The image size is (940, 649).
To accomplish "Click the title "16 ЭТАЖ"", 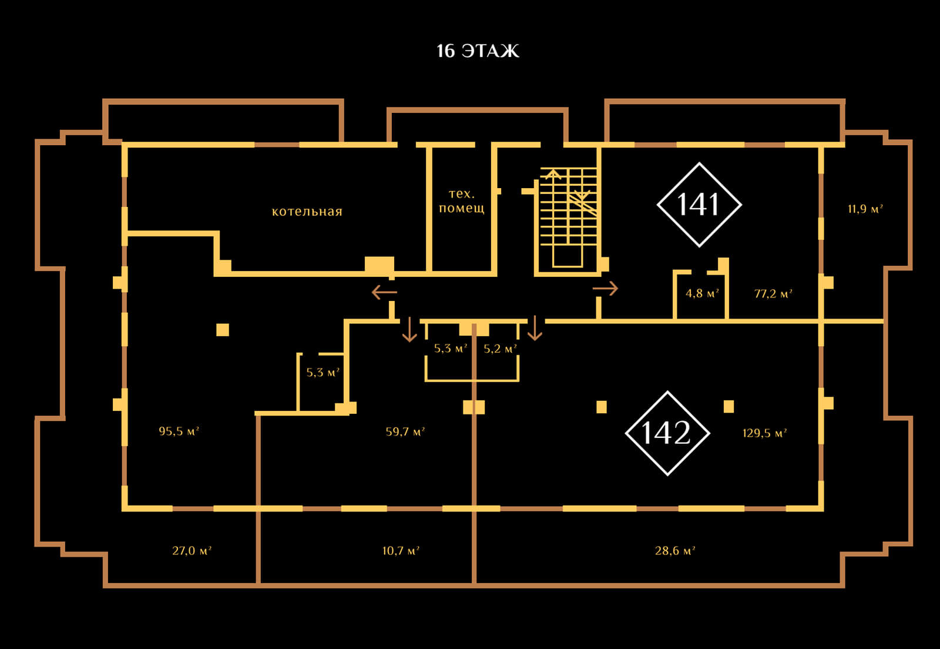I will [x=478, y=51].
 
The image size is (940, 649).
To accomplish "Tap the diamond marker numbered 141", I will [x=699, y=204].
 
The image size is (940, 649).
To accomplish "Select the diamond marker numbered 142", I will [x=667, y=433].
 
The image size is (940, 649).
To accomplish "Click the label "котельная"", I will [x=307, y=212].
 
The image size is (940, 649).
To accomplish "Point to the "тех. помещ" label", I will [x=461, y=201].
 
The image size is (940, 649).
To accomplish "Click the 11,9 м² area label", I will [x=865, y=209].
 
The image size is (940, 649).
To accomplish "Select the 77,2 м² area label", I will [x=773, y=293].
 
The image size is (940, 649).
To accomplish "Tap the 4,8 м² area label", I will [x=702, y=293].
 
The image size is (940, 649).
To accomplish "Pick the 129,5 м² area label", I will [x=764, y=433].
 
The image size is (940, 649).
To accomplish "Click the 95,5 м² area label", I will [x=179, y=431].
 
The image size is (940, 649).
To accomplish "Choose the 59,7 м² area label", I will [x=405, y=432].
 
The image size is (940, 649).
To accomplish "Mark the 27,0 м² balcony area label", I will [x=192, y=551].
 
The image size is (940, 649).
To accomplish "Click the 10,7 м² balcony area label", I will [x=401, y=551].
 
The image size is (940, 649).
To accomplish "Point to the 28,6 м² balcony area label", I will [x=675, y=551].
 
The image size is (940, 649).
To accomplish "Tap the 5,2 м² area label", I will [x=500, y=349].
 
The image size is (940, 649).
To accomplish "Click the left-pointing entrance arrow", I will [x=384, y=292].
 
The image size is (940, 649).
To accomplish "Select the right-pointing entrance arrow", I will [x=606, y=289].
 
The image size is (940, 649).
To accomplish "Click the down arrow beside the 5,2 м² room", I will [x=535, y=329].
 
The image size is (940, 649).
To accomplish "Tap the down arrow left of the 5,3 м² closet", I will [x=409, y=330].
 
